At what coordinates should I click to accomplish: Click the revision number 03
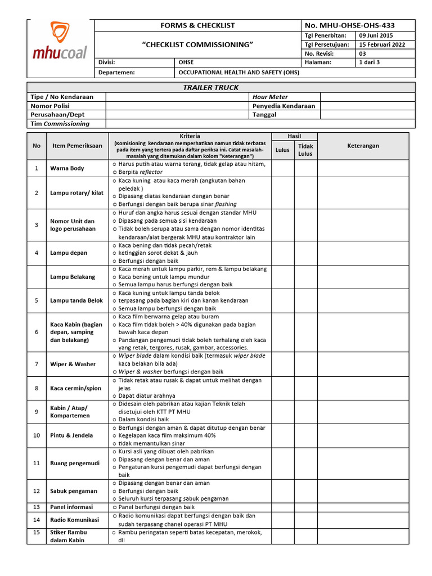[363, 53]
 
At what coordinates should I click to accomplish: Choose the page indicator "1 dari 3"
[370, 62]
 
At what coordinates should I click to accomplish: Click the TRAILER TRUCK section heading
[211, 87]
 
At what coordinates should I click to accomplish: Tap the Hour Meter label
[269, 97]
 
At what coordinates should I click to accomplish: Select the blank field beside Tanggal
[367, 114]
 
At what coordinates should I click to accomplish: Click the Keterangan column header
[363, 146]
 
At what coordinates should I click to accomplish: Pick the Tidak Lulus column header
[305, 150]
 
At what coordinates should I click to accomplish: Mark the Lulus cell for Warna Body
[282, 168]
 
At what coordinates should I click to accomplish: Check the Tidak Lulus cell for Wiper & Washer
[305, 364]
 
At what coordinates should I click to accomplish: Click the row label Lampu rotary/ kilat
[76, 193]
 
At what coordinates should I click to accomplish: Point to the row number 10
[37, 435]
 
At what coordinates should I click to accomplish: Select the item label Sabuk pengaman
[73, 490]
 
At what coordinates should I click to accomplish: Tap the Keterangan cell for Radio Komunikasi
[366, 520]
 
